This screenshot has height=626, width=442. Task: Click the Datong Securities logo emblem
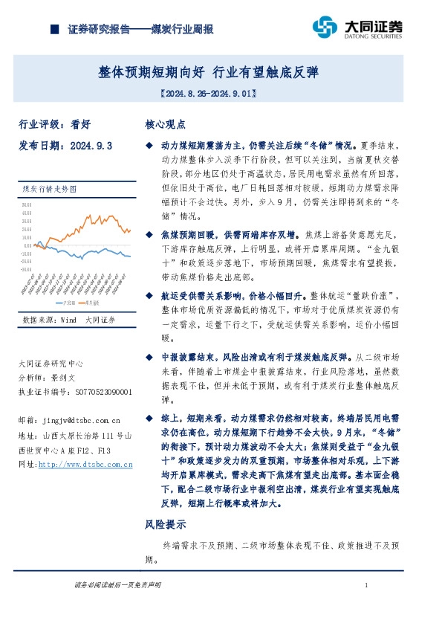tap(325, 28)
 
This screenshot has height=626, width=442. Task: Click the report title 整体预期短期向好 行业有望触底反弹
tap(209, 72)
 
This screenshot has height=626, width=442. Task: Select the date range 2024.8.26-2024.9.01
tap(209, 94)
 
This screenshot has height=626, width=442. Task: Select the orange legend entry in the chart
tap(91, 303)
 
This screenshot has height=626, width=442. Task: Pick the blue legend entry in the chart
tap(65, 303)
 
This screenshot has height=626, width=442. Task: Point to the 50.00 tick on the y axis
tap(27, 204)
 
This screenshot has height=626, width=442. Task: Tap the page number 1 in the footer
tap(367, 587)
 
